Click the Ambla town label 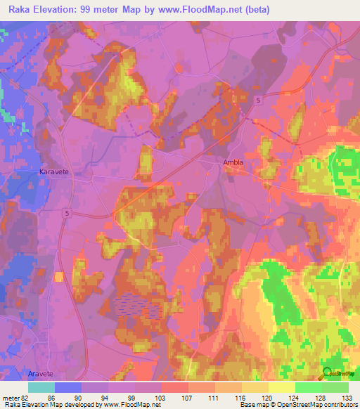(x=233, y=162)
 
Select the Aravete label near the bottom (x=41, y=375)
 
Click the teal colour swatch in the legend (x=41, y=387)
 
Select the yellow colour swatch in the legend (x=281, y=387)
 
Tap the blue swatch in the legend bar (x=67, y=387)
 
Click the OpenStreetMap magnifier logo (x=328, y=374)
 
